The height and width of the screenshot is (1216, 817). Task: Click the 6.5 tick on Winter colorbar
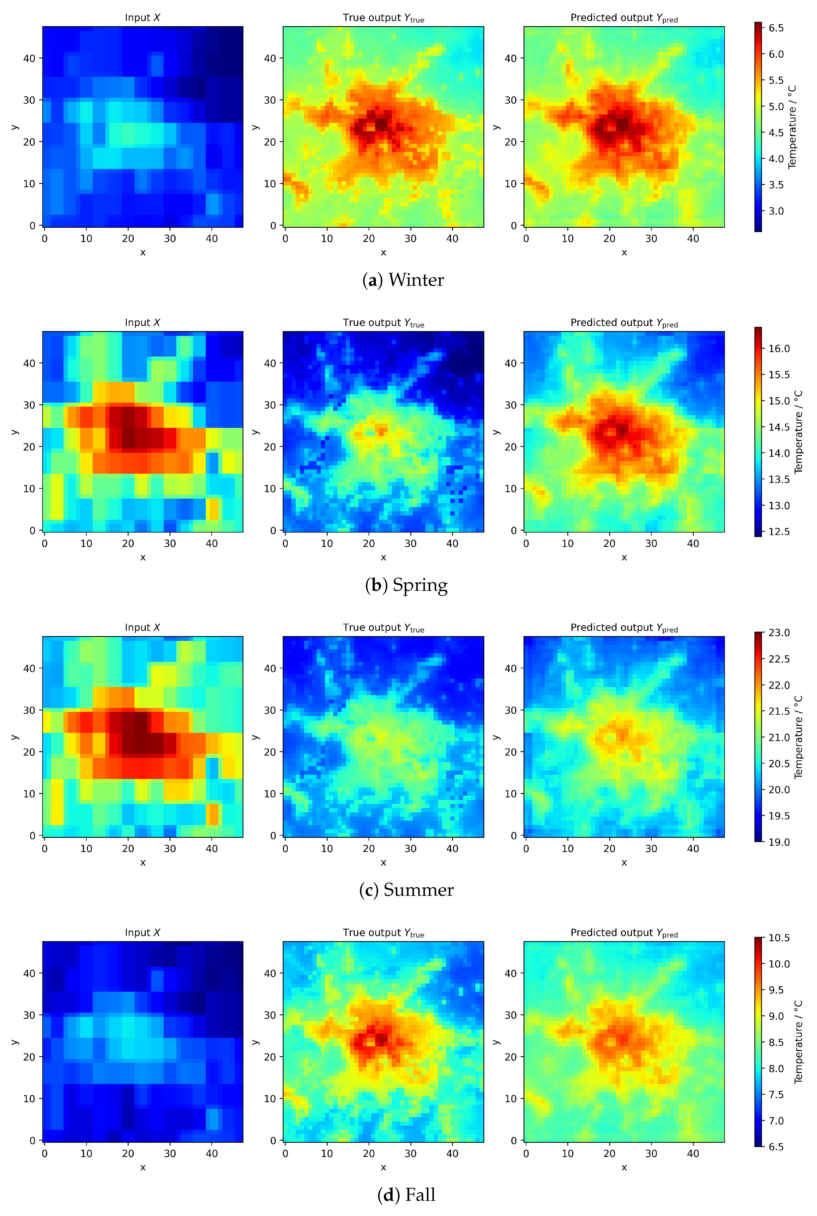(x=776, y=28)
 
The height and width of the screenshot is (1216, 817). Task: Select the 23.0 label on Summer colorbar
(x=779, y=633)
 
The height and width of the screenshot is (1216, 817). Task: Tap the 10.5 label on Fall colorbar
(x=779, y=938)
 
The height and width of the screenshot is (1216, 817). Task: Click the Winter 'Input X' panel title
(x=142, y=18)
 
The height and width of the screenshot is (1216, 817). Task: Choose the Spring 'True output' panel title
(x=384, y=323)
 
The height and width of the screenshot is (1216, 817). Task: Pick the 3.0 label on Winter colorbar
(x=776, y=211)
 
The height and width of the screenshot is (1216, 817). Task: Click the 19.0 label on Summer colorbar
(x=779, y=842)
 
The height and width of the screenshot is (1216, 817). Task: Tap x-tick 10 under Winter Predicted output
(x=567, y=239)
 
